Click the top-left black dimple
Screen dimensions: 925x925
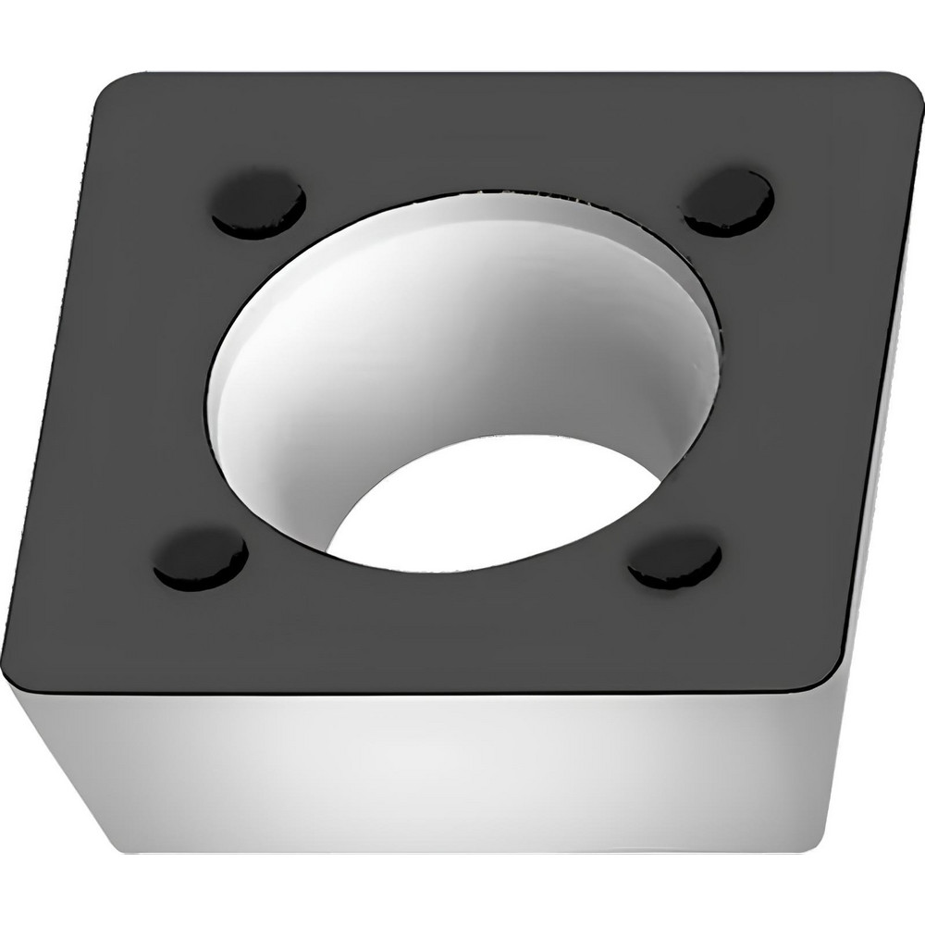[258, 203]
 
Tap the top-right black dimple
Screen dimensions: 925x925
[728, 202]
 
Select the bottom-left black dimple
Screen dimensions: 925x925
[201, 559]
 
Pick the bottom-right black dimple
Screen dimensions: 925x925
[674, 560]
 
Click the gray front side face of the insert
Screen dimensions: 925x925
[444, 768]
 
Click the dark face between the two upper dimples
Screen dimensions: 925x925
[490, 139]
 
